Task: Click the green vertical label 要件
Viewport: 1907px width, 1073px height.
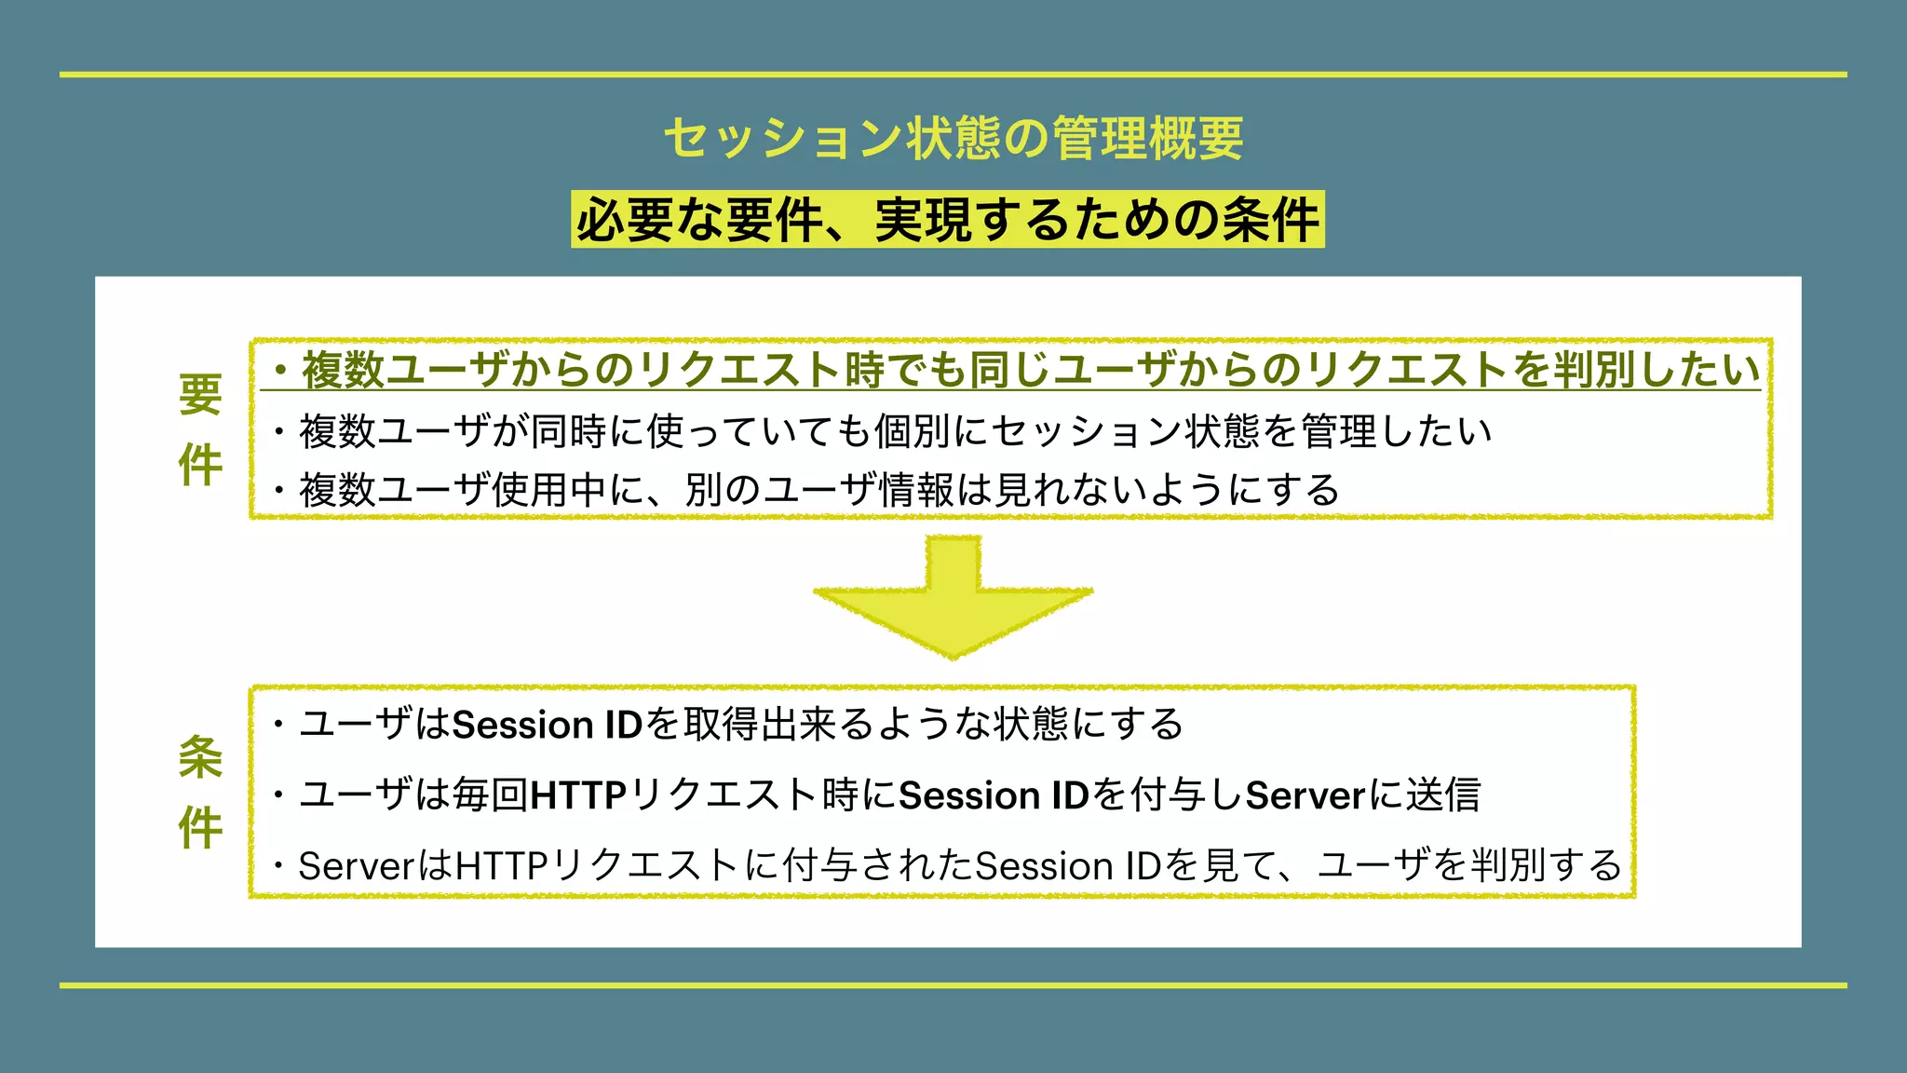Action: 200,429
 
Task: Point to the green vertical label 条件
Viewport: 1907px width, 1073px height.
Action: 200,792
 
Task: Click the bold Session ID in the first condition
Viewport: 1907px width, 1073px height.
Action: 548,725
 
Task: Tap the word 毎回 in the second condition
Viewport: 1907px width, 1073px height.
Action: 490,795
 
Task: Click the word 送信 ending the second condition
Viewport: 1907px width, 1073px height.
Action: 1443,795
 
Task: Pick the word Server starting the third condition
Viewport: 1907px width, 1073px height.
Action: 356,866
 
